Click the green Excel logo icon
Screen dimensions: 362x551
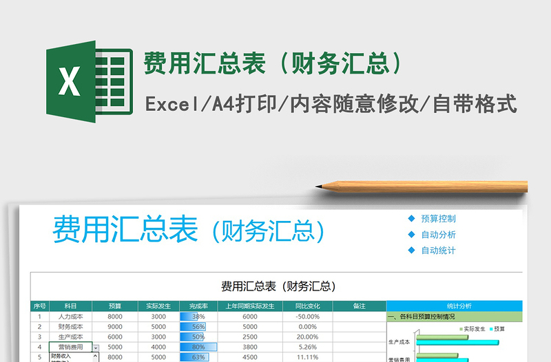pos(88,81)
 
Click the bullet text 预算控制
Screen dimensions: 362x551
pos(438,219)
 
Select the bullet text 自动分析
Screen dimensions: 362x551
pos(438,235)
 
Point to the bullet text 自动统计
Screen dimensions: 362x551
pos(438,251)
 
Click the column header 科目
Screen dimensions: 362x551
pos(71,306)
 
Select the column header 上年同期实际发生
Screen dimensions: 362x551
pos(250,306)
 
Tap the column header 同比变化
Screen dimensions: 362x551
pos(306,306)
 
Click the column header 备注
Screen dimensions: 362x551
pos(359,306)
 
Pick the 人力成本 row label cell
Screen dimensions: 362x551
pos(71,317)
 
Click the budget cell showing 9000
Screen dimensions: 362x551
pos(115,327)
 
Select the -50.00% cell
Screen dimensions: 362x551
pos(306,317)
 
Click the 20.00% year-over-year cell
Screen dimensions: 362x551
pos(306,337)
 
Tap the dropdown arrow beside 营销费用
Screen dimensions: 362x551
pos(95,348)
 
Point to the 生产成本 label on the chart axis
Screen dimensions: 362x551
pos(399,342)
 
